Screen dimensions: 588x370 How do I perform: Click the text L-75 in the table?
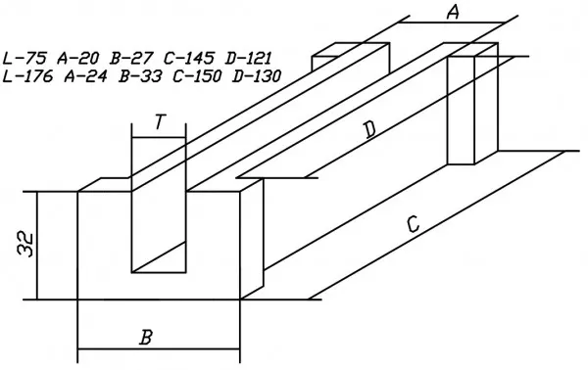click(x=24, y=59)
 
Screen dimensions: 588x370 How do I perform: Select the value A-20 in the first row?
click(x=78, y=59)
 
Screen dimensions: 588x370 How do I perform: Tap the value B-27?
click(x=131, y=59)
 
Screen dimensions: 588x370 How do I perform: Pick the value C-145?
click(x=189, y=59)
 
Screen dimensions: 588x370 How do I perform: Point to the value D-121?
click(x=248, y=59)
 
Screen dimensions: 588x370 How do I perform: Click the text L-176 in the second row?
click(x=27, y=76)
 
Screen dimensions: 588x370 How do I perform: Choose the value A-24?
click(x=85, y=76)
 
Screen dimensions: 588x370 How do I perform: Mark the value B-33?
click(x=140, y=76)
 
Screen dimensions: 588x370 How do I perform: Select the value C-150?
click(x=197, y=76)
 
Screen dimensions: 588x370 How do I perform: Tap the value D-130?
click(x=257, y=76)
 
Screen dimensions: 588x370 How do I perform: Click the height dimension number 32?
click(x=25, y=245)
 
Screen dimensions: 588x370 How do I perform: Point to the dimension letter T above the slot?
click(x=160, y=122)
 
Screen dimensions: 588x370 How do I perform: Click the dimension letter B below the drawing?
click(x=146, y=337)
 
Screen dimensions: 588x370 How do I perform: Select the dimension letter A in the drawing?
click(x=453, y=13)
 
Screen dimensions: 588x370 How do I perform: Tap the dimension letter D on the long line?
click(x=369, y=131)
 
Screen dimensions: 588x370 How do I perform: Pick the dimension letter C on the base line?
click(x=413, y=224)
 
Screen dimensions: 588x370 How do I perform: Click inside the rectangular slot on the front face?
click(x=159, y=232)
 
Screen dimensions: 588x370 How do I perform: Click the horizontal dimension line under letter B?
click(x=159, y=349)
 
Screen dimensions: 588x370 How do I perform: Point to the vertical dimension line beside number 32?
click(x=37, y=246)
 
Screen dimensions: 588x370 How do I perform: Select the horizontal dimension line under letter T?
click(x=159, y=138)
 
